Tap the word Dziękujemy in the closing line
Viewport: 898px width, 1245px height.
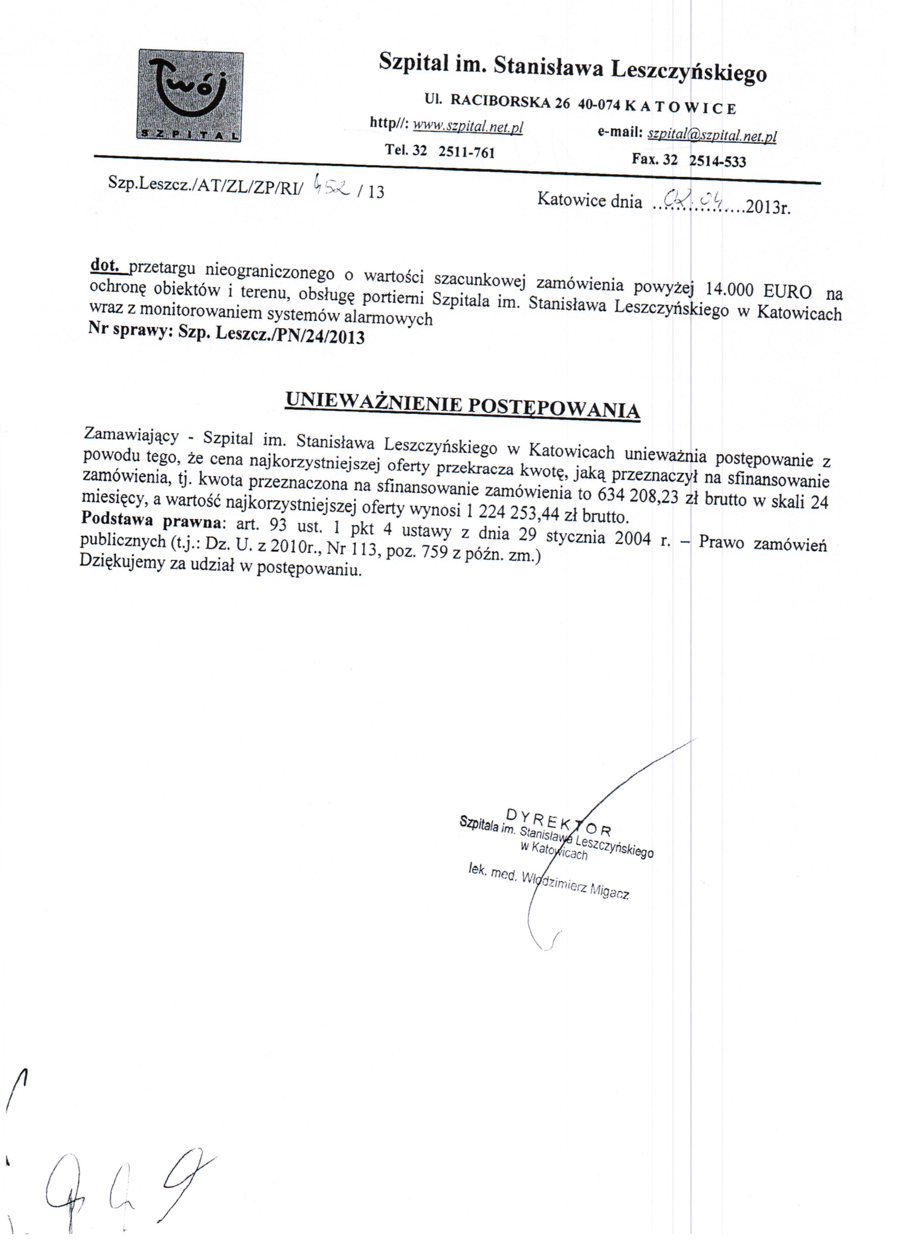[x=122, y=563]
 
